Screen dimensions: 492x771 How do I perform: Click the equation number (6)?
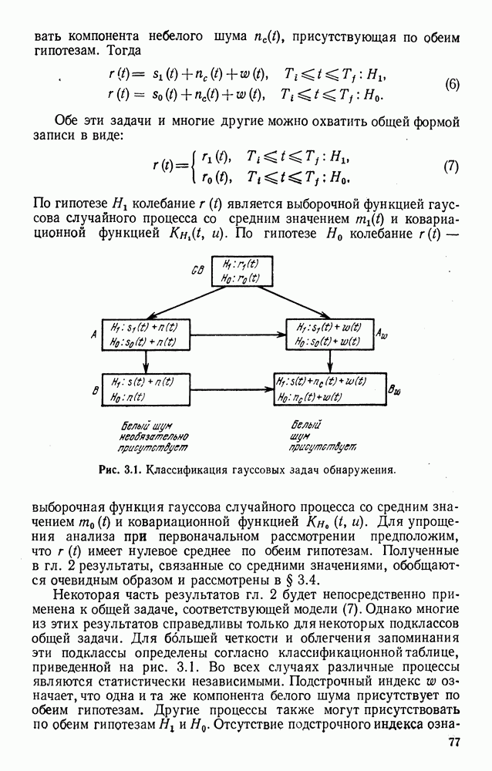pos(452,85)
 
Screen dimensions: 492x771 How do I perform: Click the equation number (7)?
pos(451,167)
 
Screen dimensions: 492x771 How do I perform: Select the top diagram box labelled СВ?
pos(242,271)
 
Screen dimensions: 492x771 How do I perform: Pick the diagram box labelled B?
pos(146,389)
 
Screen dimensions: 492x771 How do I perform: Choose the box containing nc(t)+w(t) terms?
pos(329,389)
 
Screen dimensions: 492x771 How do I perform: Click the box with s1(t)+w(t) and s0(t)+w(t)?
pos(329,335)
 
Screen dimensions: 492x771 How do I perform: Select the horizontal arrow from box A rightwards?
pos(238,335)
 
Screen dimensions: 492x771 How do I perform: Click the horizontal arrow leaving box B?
pos(231,389)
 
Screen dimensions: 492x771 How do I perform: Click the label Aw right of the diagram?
pos(382,335)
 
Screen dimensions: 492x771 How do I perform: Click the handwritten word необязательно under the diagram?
pos(153,436)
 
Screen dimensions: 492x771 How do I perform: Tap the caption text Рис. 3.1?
pos(120,470)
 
